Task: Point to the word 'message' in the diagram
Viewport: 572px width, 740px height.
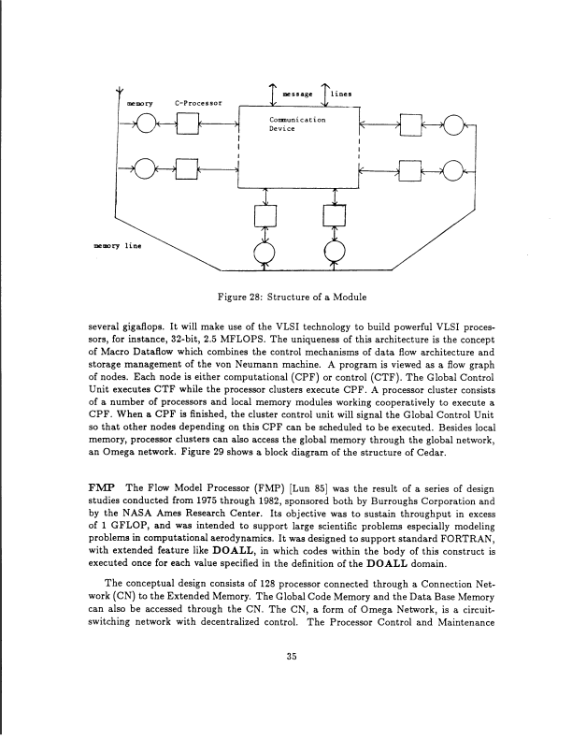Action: pos(298,94)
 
